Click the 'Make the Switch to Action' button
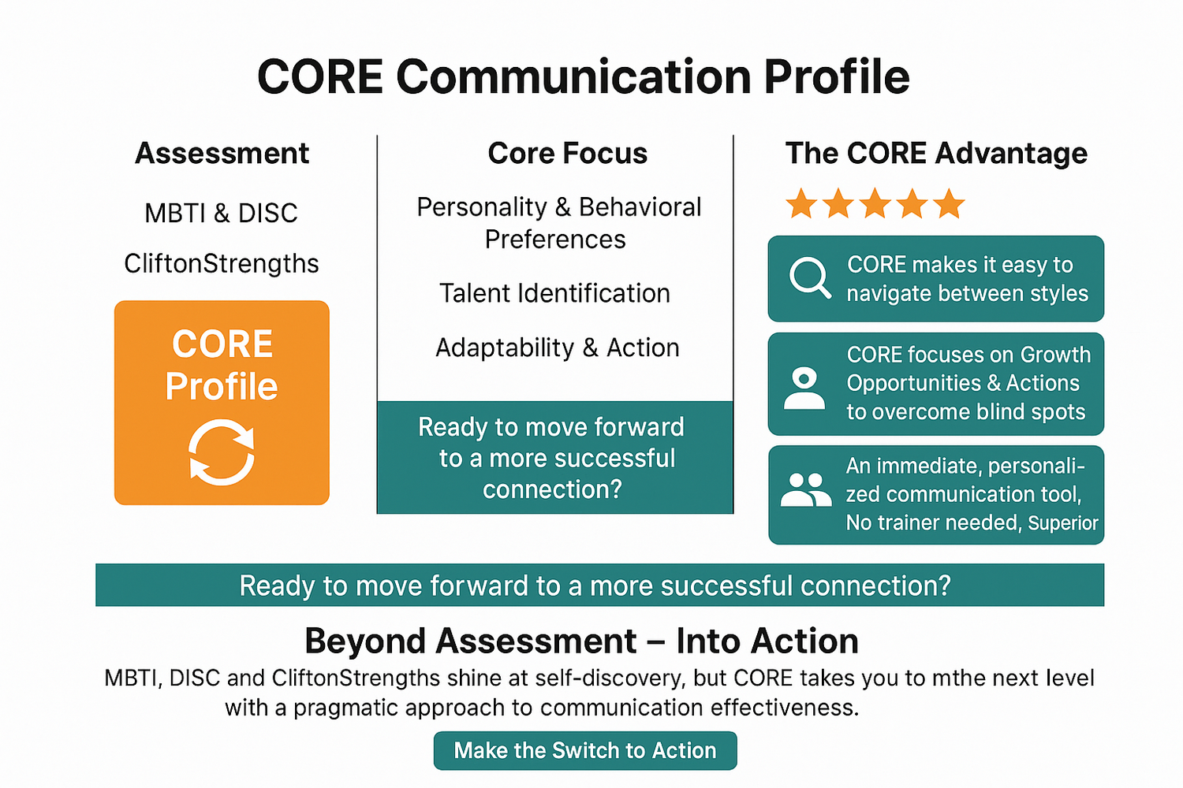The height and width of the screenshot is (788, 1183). coord(585,750)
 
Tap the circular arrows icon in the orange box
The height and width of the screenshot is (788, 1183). coord(222,452)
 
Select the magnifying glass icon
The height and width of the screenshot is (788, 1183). coord(810,278)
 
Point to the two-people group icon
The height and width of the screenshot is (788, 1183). coord(805,490)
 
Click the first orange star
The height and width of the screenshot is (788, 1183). coord(801,204)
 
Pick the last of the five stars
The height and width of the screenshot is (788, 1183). coord(949,204)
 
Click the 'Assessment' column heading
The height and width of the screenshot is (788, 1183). coord(222,153)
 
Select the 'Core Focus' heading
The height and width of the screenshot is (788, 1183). coord(567,153)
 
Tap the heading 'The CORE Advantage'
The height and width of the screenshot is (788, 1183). coord(936,153)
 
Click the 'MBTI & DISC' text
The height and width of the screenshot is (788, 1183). coord(221,213)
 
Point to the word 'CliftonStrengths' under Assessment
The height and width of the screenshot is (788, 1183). coord(222,263)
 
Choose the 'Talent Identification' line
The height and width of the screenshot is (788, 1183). coord(554,293)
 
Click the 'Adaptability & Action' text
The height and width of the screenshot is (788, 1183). coord(557,348)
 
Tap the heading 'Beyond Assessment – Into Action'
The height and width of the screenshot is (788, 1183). coord(581,641)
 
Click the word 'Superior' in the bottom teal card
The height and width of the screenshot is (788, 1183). coord(1062,523)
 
